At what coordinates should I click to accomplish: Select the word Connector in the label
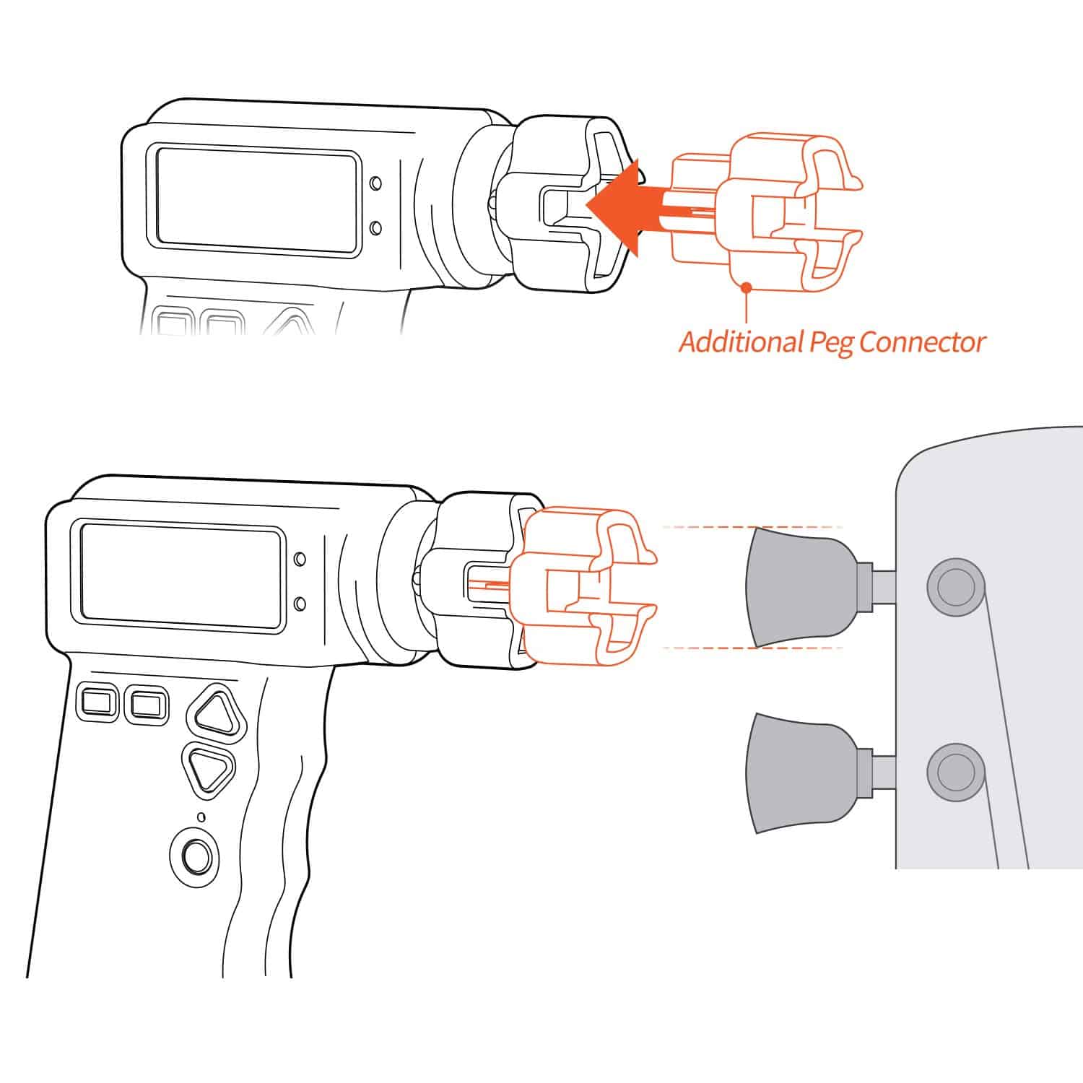923,342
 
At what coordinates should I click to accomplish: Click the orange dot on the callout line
746,287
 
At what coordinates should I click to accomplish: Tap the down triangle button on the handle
208,770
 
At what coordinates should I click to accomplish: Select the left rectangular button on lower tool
98,702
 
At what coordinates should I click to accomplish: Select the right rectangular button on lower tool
147,703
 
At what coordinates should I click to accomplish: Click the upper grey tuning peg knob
794,585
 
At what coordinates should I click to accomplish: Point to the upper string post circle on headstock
954,586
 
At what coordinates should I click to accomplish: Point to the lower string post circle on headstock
954,771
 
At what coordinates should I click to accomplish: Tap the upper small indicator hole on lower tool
300,559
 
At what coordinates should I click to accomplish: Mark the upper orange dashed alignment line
751,527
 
